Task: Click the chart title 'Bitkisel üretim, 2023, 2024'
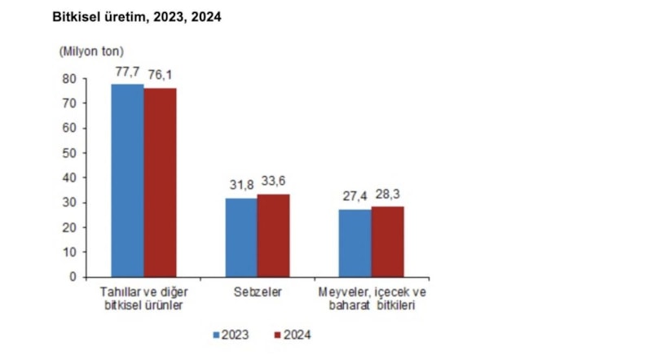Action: point(136,16)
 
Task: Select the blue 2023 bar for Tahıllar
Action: point(128,180)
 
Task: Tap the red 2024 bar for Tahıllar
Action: point(160,182)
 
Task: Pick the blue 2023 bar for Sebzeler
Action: point(241,237)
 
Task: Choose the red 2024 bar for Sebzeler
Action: point(273,235)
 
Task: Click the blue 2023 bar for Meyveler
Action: point(355,243)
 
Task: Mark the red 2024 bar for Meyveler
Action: point(387,241)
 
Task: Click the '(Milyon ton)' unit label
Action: point(91,51)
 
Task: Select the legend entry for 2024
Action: point(293,334)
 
